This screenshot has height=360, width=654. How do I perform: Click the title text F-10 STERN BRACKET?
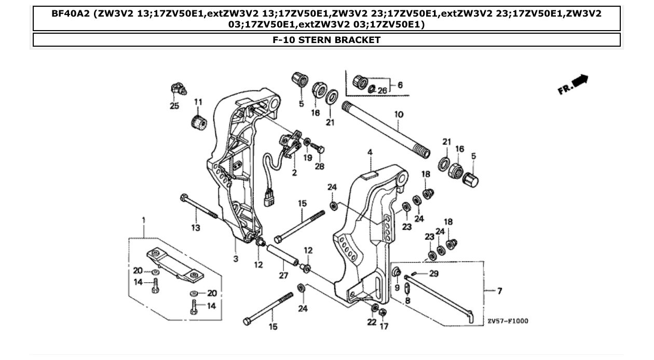[x=326, y=40]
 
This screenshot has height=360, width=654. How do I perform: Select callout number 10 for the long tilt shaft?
[x=399, y=114]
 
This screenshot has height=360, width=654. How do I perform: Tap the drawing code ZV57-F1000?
[x=508, y=321]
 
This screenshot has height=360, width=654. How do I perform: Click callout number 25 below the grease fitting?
[x=174, y=106]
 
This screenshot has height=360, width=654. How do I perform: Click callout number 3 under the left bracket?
[x=236, y=258]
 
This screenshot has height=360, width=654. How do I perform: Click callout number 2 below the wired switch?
[x=294, y=173]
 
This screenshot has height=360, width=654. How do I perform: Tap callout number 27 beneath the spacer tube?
[x=283, y=275]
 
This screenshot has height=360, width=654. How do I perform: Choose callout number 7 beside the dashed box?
[x=499, y=291]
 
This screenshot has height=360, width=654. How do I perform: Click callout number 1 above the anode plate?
[x=144, y=220]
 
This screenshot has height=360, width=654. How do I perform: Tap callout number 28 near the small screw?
[x=319, y=166]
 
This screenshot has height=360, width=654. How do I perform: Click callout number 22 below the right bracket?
[x=371, y=323]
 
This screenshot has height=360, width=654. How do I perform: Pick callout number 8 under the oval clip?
[x=407, y=300]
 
